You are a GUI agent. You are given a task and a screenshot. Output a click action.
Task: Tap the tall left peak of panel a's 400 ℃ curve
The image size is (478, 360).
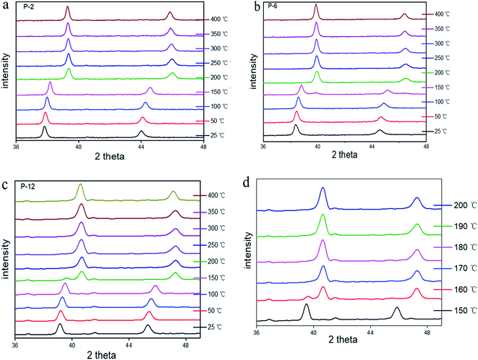(68, 8)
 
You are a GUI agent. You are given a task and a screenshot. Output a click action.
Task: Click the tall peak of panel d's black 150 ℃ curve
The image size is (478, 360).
(306, 306)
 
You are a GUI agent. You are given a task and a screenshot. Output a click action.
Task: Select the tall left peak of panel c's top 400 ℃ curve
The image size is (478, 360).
(80, 186)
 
